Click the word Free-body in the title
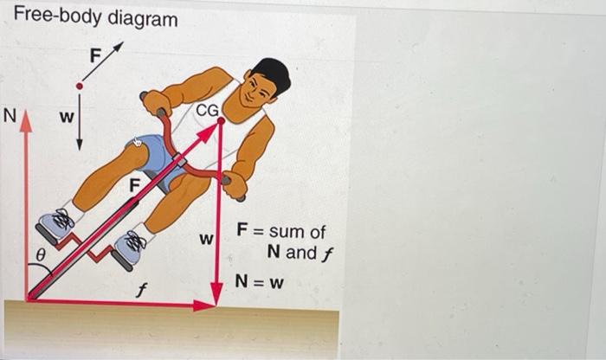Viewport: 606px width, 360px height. coord(54,18)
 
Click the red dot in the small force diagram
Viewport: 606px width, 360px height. coord(80,86)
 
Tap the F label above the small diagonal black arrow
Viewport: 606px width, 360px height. coord(96,55)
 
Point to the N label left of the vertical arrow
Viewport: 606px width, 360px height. coord(10,115)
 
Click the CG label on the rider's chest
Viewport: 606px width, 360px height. coord(207,110)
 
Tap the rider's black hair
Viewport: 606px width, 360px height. coord(271,73)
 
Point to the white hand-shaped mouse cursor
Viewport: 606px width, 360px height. coord(137,142)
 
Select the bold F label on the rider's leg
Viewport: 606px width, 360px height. coord(134,183)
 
